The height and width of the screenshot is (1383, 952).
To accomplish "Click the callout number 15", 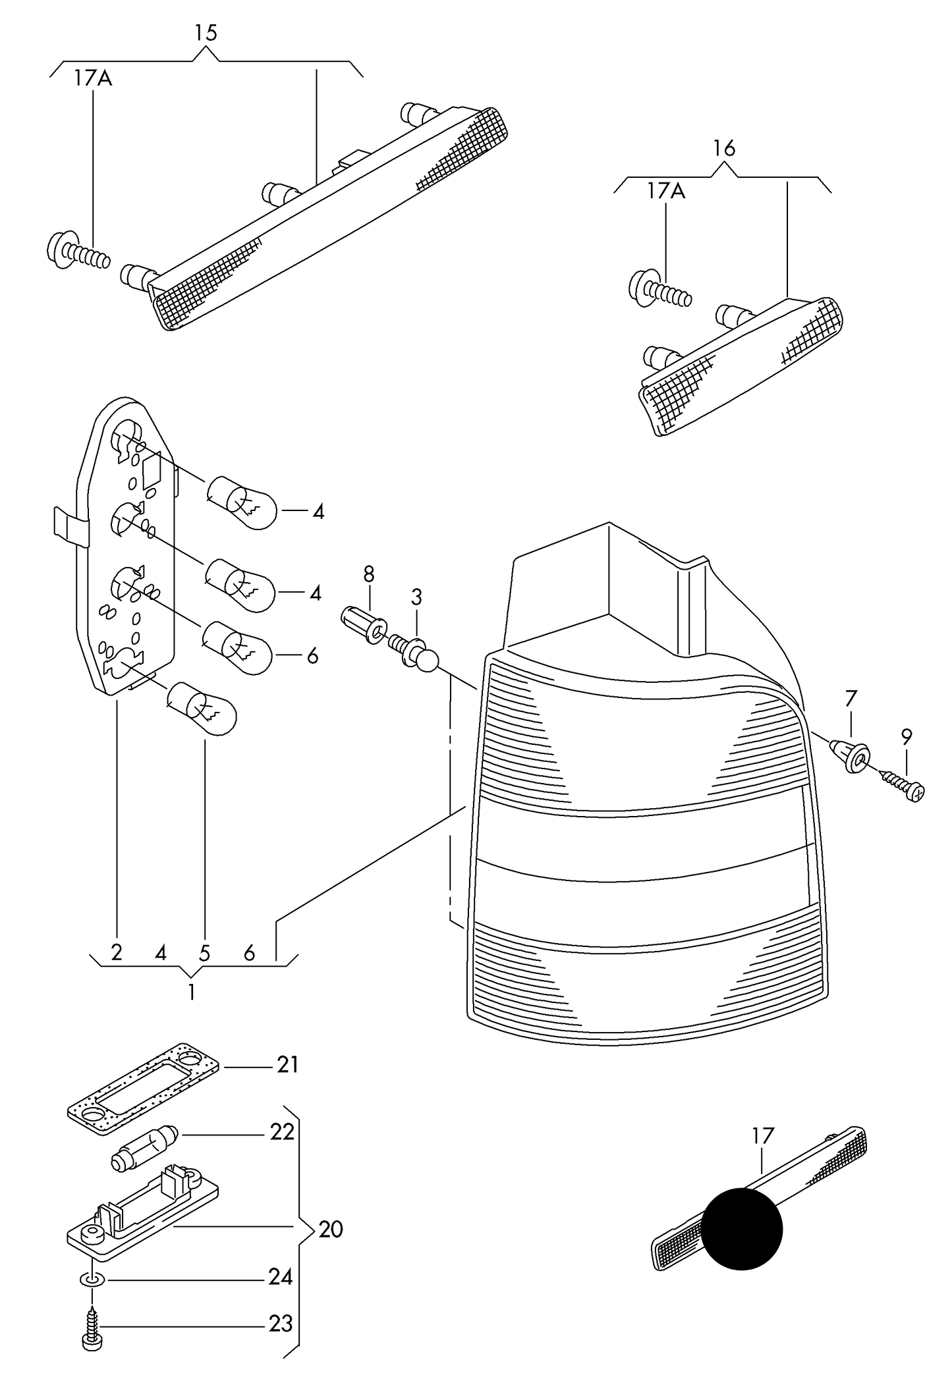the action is [206, 33].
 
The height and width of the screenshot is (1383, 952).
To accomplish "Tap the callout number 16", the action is [724, 149].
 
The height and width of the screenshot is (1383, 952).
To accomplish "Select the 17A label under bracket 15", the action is [93, 79].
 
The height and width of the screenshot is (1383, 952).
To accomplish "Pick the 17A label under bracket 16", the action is [666, 192].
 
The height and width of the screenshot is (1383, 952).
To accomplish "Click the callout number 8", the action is [368, 574].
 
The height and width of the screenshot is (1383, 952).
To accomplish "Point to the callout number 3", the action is [416, 597].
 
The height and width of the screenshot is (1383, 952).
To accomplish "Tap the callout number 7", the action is [851, 698].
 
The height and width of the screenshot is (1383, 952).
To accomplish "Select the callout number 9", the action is [907, 737].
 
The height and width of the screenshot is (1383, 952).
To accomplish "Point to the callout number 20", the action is [331, 1230].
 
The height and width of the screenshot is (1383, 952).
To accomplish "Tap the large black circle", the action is [742, 1228].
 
